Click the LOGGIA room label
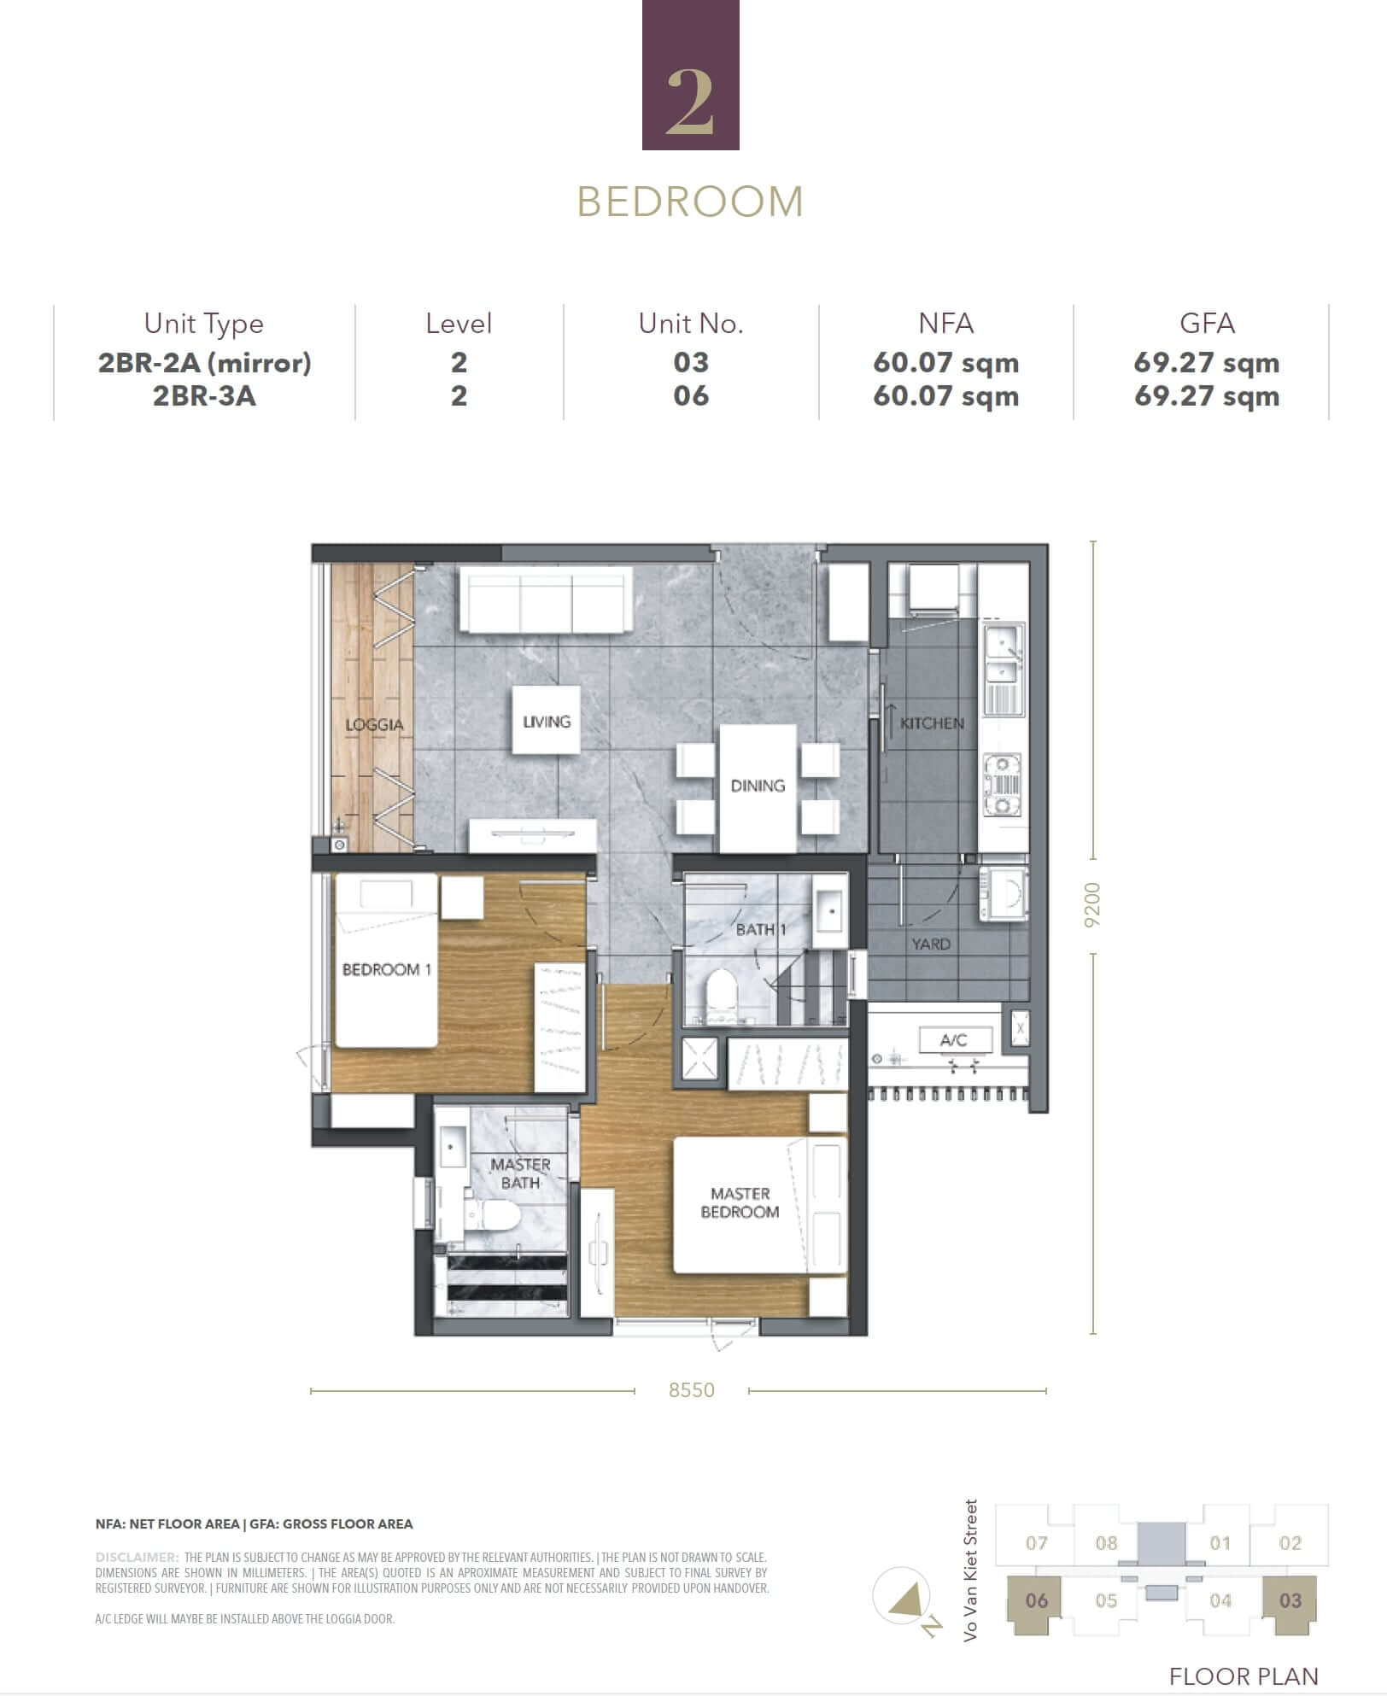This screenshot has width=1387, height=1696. (x=374, y=725)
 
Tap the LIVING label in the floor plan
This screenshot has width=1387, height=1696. (x=547, y=722)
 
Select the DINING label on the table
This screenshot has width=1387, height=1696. (x=758, y=786)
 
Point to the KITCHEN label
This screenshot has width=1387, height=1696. (x=932, y=723)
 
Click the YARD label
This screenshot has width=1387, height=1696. (x=931, y=944)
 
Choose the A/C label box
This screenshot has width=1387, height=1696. (x=955, y=1040)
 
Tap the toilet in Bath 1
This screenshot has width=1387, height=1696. (x=722, y=995)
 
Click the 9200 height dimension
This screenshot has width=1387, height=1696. (x=1091, y=905)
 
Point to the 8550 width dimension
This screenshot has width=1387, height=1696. (x=692, y=1390)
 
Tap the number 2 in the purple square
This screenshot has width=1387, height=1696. (x=690, y=102)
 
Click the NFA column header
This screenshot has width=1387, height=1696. (x=945, y=323)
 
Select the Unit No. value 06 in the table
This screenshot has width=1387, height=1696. (x=691, y=395)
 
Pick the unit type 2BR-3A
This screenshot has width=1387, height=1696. (x=204, y=395)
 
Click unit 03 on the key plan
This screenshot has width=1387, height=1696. (x=1290, y=1600)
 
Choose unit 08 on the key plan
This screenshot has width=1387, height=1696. (x=1106, y=1543)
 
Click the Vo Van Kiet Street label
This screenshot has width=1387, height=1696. (x=970, y=1570)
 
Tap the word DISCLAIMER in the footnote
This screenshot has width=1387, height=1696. (x=137, y=1557)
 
